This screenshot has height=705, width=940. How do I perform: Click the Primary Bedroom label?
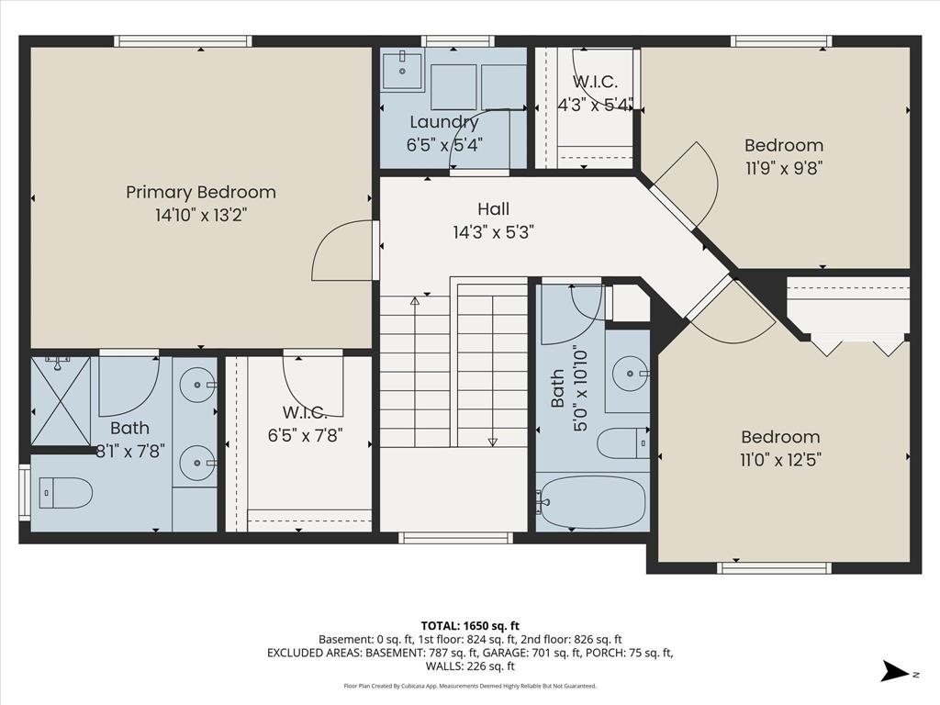click(x=201, y=192)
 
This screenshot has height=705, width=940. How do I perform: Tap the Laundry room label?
click(x=444, y=122)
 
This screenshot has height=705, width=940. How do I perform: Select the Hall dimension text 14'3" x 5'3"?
click(x=493, y=232)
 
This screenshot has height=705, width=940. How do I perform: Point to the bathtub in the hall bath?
click(x=591, y=502)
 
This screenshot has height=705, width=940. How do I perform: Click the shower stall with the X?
click(x=61, y=401)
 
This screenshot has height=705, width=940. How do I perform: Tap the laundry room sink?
click(x=402, y=70)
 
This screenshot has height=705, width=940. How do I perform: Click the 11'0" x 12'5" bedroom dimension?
click(x=780, y=460)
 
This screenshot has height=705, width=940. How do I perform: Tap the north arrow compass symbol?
click(x=895, y=671)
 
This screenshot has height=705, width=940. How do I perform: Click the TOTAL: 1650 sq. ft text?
click(x=470, y=626)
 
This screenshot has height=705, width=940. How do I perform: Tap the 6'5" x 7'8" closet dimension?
click(x=305, y=435)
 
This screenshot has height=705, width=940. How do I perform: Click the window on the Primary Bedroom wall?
click(x=183, y=40)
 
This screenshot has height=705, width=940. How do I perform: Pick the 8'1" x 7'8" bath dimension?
click(x=130, y=451)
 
